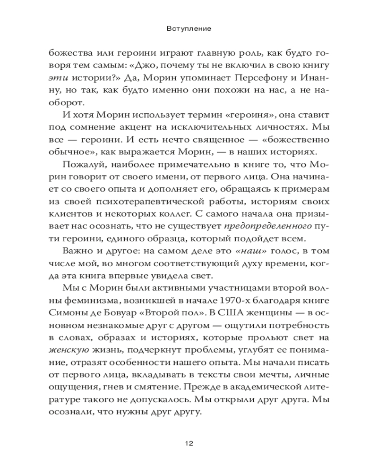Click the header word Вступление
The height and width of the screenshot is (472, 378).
click(189, 28)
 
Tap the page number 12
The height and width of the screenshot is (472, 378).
click(189, 443)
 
